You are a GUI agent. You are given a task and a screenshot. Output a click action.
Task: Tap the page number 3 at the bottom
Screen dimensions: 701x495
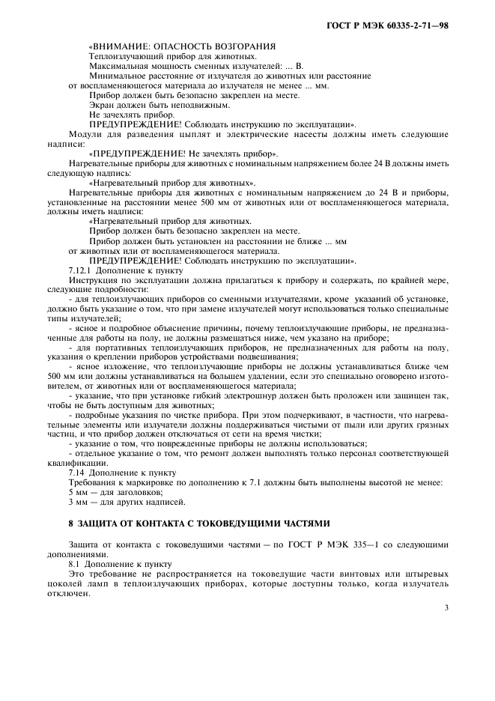click(446, 607)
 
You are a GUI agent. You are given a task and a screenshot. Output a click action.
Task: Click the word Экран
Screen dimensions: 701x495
click(101, 105)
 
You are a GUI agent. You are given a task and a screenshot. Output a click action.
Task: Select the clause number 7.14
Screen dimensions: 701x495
click(75, 473)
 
